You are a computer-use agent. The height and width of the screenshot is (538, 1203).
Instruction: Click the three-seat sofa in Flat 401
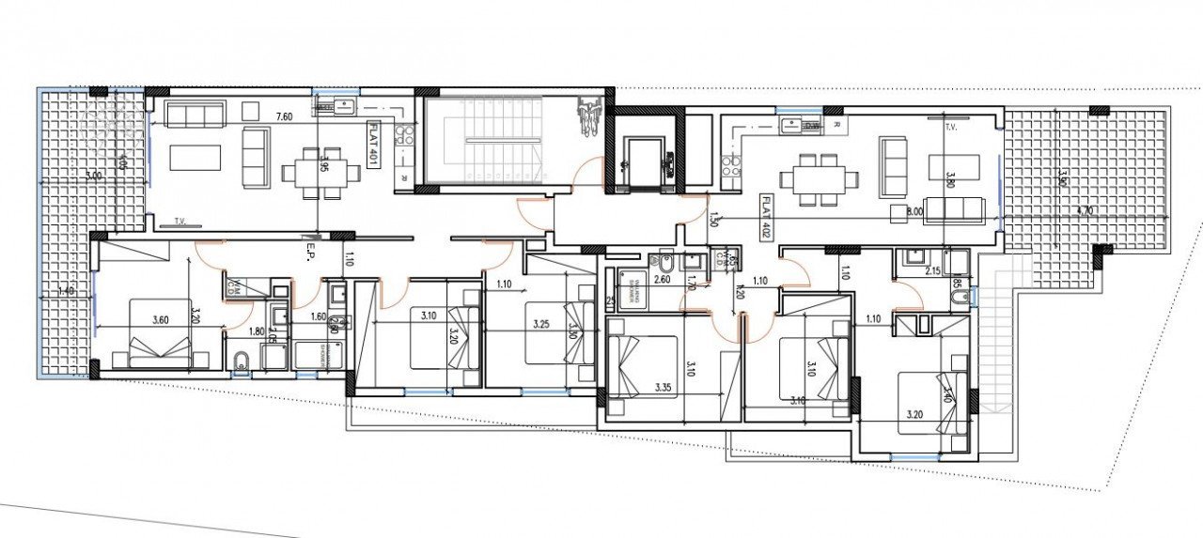[195, 115]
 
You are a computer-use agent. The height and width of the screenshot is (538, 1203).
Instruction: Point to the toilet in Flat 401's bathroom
[240, 361]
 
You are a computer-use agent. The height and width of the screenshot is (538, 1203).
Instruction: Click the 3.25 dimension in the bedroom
[540, 325]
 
